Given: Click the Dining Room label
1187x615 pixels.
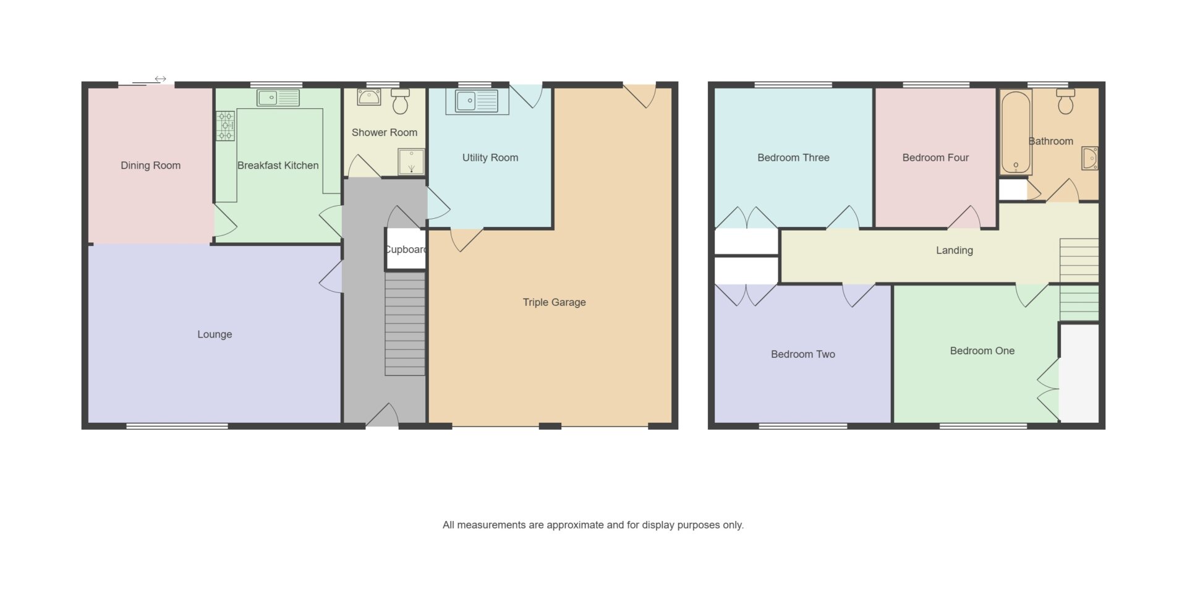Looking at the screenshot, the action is tap(150, 165).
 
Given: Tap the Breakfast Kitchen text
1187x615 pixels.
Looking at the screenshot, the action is tap(278, 165).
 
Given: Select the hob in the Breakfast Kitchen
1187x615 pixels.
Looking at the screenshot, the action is tap(225, 125).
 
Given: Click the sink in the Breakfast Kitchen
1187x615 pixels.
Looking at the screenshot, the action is tap(278, 98).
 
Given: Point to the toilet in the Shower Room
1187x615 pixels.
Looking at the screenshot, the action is tap(401, 101).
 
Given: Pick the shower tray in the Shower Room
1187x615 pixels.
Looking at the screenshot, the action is tap(411, 161).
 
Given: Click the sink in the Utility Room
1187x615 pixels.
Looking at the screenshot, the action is tap(477, 101).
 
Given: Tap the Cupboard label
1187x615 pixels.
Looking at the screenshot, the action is tap(406, 249).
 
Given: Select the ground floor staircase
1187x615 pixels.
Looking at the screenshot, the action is tap(405, 324).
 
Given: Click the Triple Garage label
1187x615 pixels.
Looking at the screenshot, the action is tap(554, 302).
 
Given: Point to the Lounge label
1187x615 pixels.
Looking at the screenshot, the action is tap(215, 334).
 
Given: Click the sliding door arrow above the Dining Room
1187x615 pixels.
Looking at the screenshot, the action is tap(161, 79).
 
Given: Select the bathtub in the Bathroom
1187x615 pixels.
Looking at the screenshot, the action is tap(1016, 132).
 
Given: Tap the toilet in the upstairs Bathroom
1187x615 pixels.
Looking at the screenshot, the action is tap(1065, 101).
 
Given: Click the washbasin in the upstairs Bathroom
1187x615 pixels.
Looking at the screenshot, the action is tap(1090, 158).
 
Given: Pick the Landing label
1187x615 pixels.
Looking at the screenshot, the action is tap(955, 250).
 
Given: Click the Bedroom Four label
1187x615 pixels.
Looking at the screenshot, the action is tap(935, 158).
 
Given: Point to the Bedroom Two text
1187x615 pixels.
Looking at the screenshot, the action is tap(803, 354).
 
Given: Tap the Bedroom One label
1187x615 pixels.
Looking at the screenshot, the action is tap(982, 350).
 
